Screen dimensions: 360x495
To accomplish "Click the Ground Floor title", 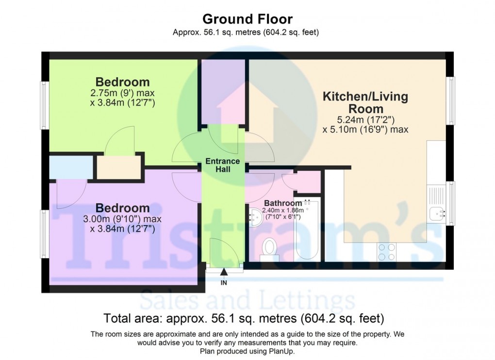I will coord(247,19).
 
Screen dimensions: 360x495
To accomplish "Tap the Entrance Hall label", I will coord(222,165).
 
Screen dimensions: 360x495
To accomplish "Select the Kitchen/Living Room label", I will coord(365,102).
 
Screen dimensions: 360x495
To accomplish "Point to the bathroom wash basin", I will coord(255,218).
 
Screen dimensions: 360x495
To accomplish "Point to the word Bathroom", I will coord(283,203).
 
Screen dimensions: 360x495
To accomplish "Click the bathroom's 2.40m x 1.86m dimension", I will coord(282,211).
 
